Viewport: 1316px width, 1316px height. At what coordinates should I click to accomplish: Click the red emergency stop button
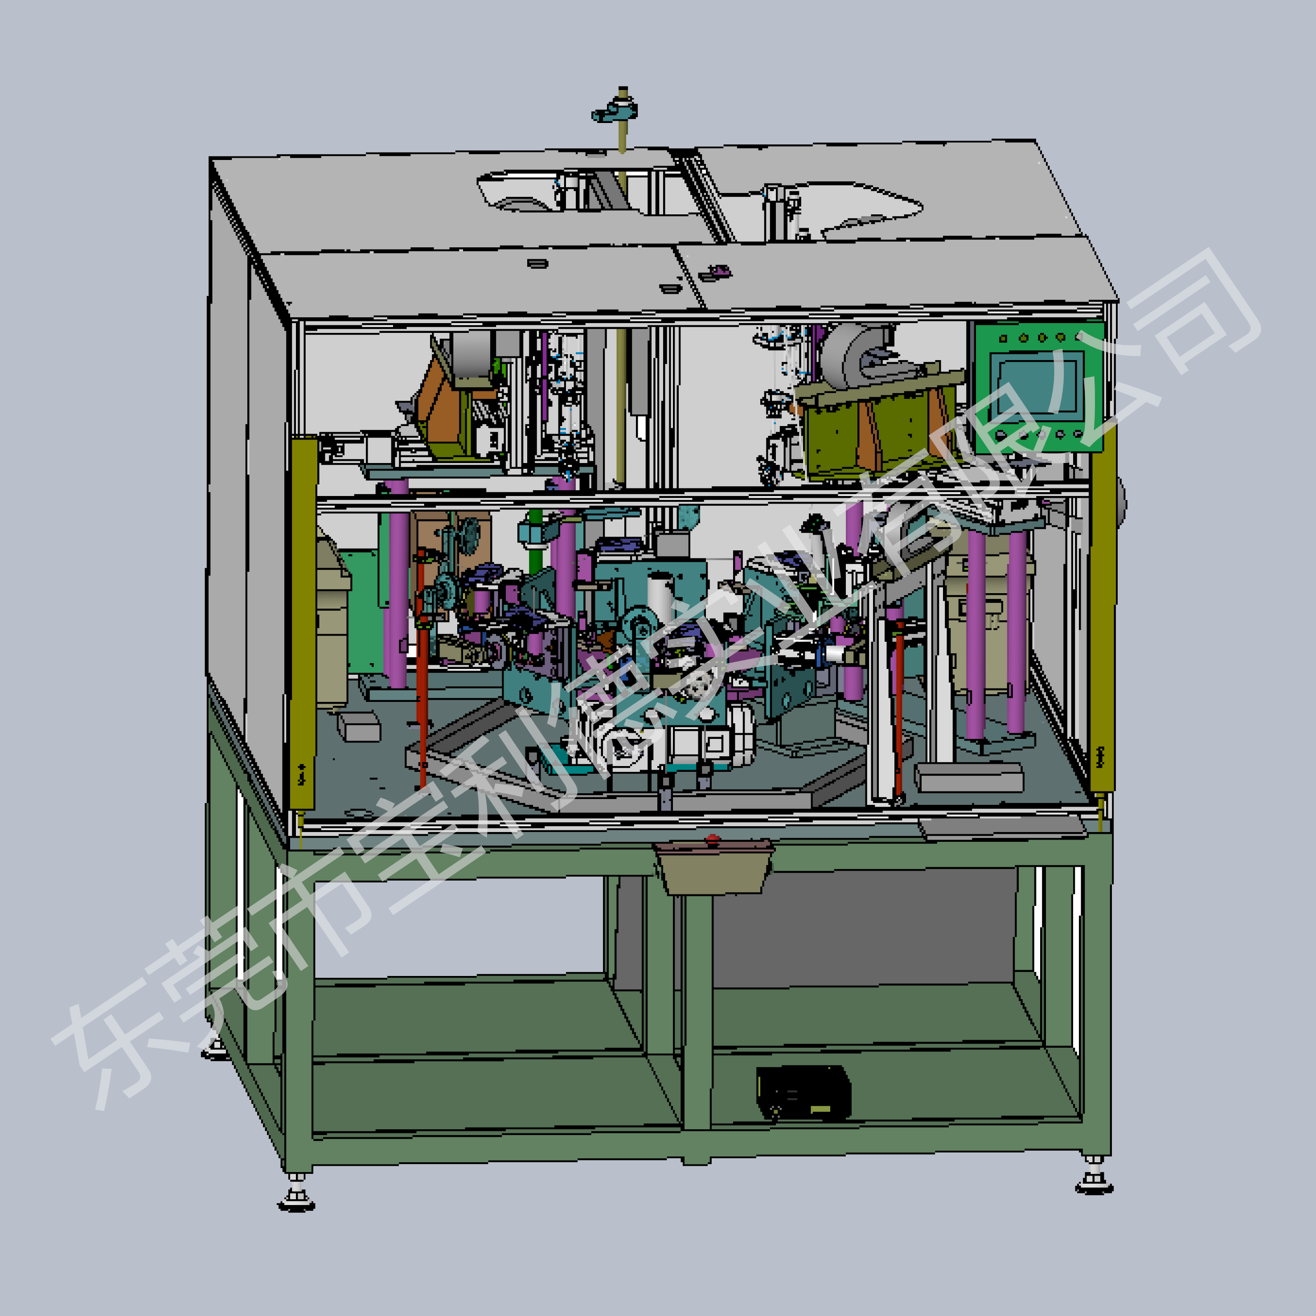[713, 839]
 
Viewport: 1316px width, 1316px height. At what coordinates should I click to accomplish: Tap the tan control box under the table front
[713, 867]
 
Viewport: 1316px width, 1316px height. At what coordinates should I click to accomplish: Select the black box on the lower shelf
[804, 1092]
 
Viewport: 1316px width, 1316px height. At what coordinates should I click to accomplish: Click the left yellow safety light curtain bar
[303, 623]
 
